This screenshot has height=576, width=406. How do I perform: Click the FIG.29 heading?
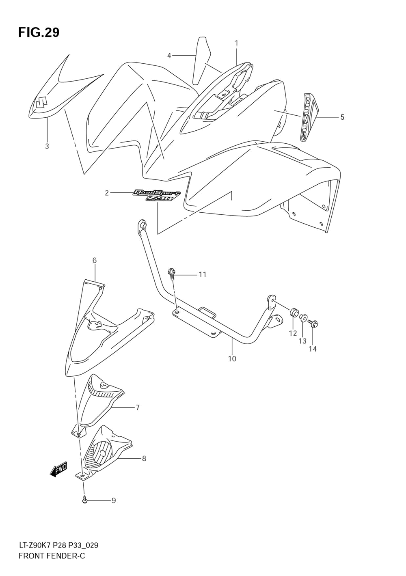tap(39, 32)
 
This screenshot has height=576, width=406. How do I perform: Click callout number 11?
tap(202, 274)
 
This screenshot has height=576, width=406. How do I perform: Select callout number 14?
tap(312, 349)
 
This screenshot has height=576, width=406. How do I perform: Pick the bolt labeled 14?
tap(313, 324)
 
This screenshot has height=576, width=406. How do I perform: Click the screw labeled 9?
tap(85, 500)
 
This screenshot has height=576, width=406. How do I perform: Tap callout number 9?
tap(114, 500)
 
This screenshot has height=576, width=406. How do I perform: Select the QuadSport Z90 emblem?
tap(157, 196)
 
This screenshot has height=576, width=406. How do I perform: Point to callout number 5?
tap(342, 117)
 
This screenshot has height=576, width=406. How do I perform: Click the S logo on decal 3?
tap(41, 102)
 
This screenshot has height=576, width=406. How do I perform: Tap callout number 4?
tap(169, 56)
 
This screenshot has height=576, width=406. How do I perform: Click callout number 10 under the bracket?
tap(232, 359)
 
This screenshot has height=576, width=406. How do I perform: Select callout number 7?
tap(138, 407)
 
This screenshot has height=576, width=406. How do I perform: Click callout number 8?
tap(144, 459)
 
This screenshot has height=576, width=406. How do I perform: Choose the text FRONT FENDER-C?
tap(52, 556)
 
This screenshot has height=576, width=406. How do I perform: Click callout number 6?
tap(94, 260)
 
